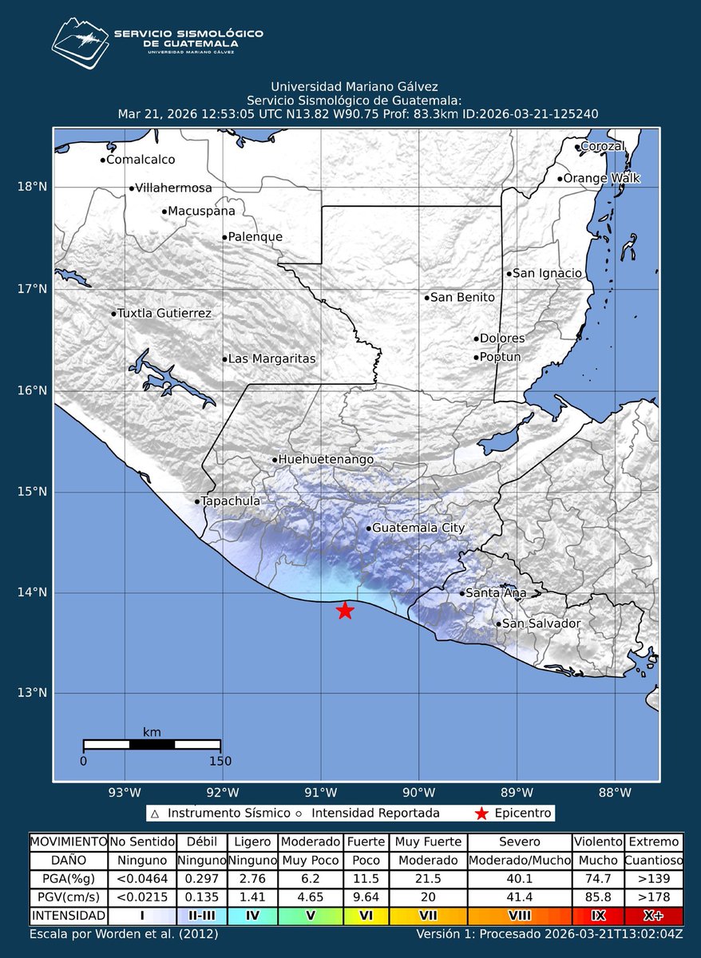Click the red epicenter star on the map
(x=345, y=610)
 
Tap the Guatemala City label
(x=418, y=528)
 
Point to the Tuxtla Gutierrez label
(x=164, y=314)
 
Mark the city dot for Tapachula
(x=197, y=501)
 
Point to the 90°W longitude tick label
(x=418, y=793)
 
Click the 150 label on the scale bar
(x=220, y=761)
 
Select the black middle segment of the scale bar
(x=152, y=745)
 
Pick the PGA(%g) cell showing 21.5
(x=426, y=878)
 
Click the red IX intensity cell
(x=597, y=915)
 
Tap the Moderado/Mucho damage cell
(x=520, y=861)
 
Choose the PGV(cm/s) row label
(x=68, y=897)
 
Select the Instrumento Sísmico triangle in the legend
(x=156, y=814)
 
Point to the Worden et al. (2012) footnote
(x=124, y=933)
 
